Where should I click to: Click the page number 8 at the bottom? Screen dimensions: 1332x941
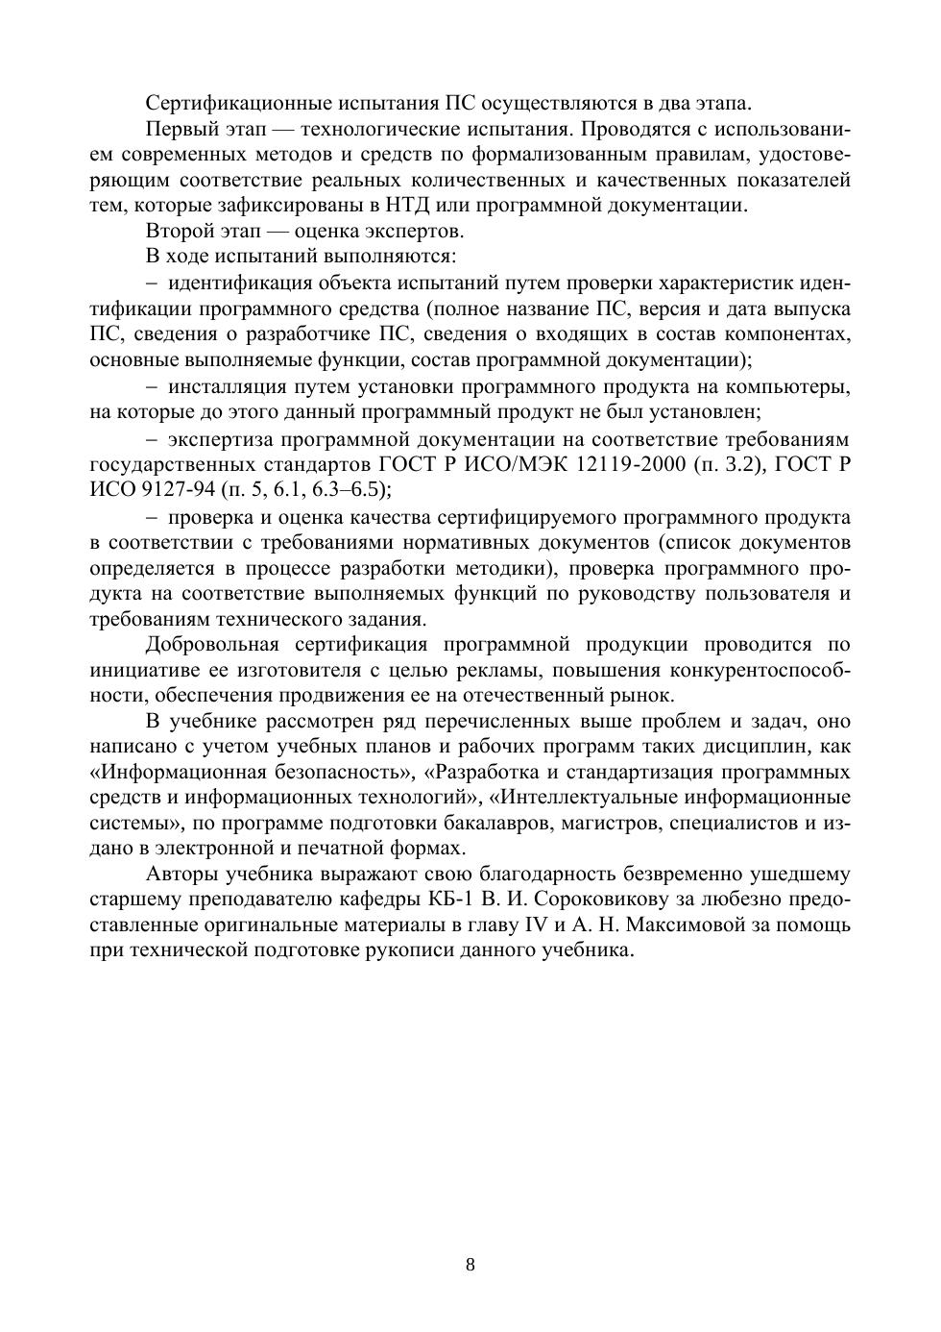pyautogui.click(x=470, y=1264)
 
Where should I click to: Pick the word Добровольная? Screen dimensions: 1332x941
pyautogui.click(x=212, y=644)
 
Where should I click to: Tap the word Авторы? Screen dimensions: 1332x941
pyautogui.click(x=182, y=874)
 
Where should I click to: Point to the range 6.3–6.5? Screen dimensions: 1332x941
pyautogui.click(x=350, y=490)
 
